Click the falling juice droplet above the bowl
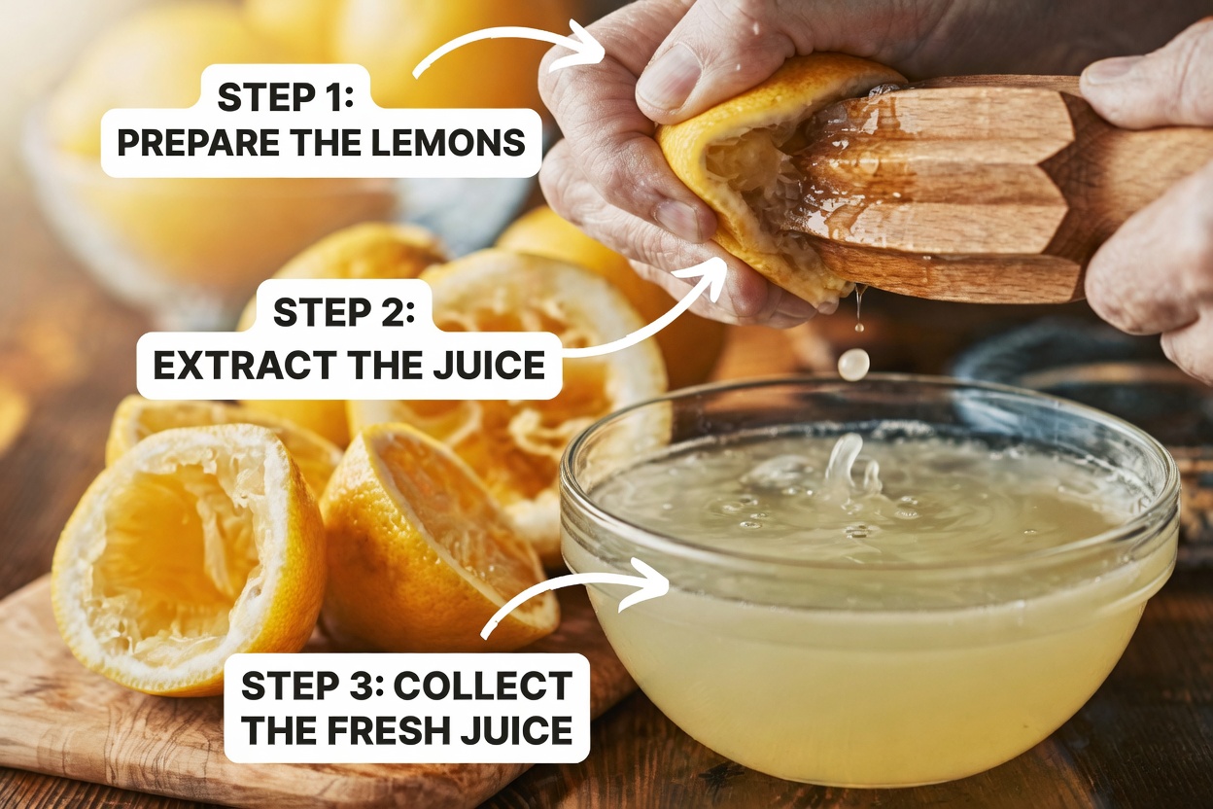[x=853, y=364]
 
